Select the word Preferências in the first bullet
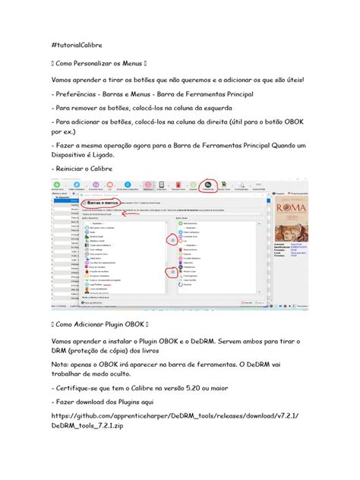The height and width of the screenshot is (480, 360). (81, 94)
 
